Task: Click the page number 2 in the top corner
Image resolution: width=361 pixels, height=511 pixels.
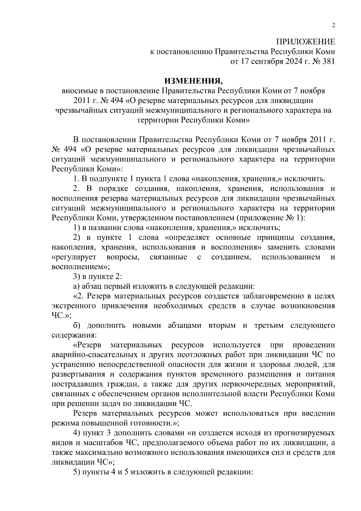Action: tap(333, 26)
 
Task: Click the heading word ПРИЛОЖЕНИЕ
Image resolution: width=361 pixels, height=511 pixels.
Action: tap(305, 42)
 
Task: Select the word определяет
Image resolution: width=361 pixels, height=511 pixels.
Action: tap(187, 238)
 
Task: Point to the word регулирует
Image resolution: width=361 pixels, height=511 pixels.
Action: tap(74, 257)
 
